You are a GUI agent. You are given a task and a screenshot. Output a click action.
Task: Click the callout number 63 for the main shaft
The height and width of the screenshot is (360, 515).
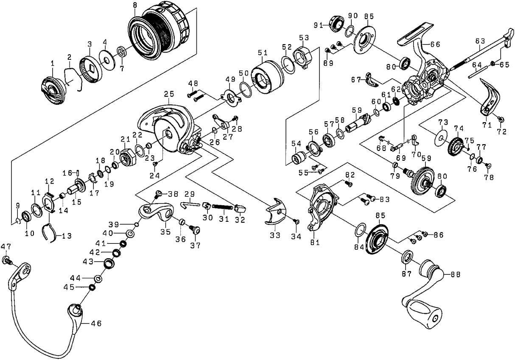click(480, 41)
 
